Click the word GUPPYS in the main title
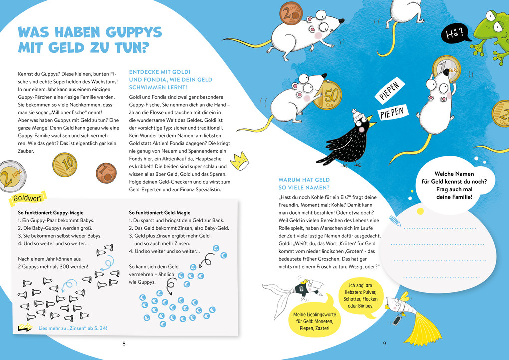[128, 33]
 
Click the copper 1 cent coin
[106, 173]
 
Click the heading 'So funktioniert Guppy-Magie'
[49, 212]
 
